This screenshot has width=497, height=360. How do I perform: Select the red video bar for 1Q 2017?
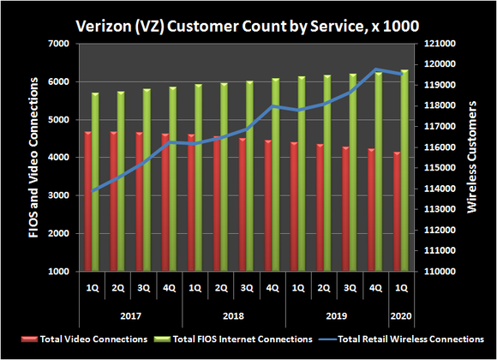tap(88, 201)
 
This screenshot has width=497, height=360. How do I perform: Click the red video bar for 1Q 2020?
tap(395, 211)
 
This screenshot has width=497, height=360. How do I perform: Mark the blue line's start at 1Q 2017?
tap(93, 189)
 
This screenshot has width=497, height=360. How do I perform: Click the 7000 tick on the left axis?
tap(58, 44)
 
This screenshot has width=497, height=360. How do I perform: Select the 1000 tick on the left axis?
tap(58, 272)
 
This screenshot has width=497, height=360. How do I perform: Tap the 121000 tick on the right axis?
tap(431, 44)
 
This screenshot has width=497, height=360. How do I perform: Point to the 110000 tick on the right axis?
tap(431, 272)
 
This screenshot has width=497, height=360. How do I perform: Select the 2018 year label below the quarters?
tap(233, 314)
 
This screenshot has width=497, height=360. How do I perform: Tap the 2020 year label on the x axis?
tap(400, 314)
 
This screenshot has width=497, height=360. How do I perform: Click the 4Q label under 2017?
tap(169, 288)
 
